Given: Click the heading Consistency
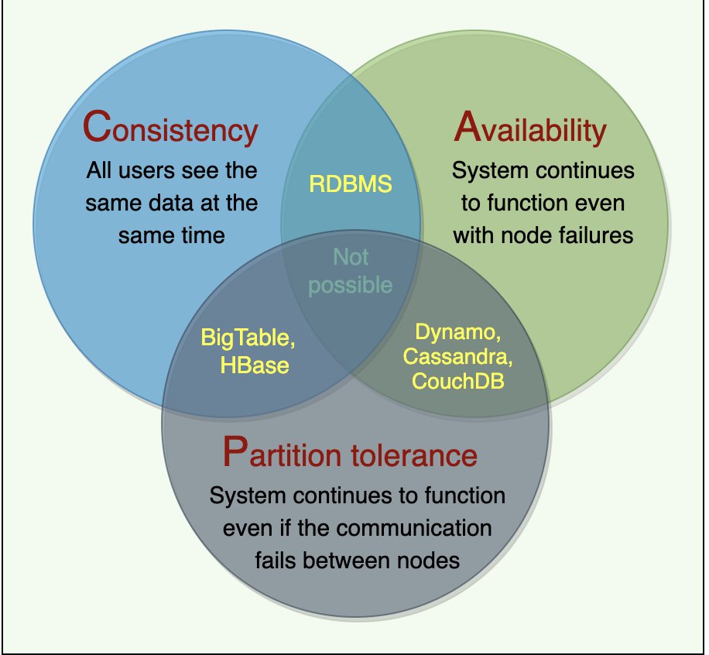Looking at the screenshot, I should point(170,128).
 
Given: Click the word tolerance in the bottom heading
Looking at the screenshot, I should point(414,454).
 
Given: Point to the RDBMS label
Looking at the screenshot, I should point(351,184).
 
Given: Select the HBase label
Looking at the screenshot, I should point(254,365).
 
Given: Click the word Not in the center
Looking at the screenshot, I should point(351,256).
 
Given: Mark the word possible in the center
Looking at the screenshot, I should point(351,285).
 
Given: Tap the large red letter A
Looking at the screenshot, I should point(470,127).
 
